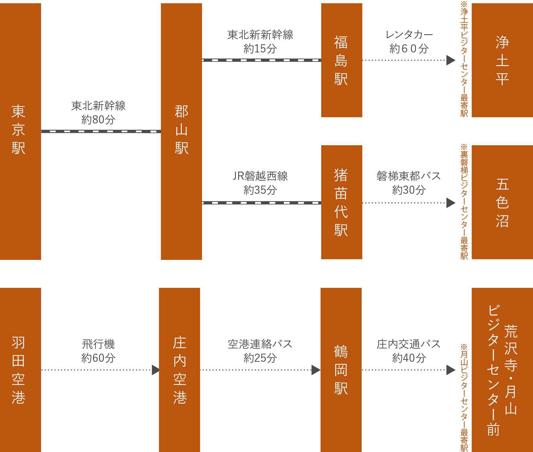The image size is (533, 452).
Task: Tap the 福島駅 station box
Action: coord(341,60)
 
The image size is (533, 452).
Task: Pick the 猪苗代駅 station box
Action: coord(341,202)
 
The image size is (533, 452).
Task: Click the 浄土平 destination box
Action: coord(502,60)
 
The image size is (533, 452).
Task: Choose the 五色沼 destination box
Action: coord(502,202)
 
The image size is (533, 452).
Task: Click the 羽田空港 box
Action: coord(20,370)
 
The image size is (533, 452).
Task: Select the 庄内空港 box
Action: coord(179,370)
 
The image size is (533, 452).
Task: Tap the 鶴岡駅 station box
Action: coord(341,370)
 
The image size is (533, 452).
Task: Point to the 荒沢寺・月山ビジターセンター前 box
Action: coord(502,370)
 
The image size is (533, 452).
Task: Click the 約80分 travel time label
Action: coord(98,120)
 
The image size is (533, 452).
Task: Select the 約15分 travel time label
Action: coord(260,49)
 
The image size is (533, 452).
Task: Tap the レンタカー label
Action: coord(409,35)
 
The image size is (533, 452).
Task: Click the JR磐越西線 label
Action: coord(260,176)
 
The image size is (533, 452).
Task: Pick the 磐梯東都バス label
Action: coord(409,176)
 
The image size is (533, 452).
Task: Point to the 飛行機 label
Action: coord(98,344)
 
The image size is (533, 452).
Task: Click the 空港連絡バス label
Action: coord(260,344)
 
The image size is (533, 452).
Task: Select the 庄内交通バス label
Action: coord(409,344)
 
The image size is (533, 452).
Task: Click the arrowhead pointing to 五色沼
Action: coord(451,203)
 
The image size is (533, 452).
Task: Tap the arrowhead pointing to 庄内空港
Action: coord(155,370)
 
